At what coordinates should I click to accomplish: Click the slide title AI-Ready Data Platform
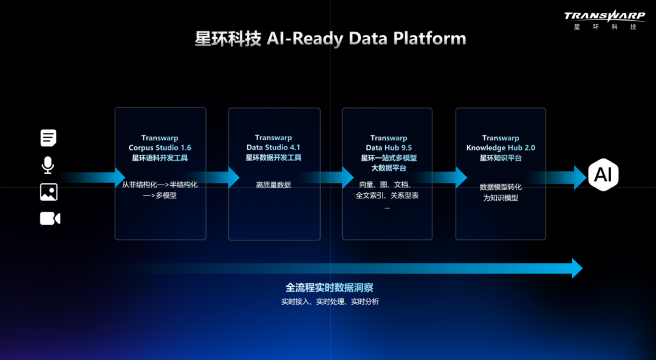[x=330, y=39]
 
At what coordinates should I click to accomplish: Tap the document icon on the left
[x=49, y=138]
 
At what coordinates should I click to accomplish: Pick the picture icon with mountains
[x=49, y=192]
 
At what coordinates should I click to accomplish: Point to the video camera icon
[x=50, y=219]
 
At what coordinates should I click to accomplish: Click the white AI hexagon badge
[x=603, y=175]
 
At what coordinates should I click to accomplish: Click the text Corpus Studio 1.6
[x=160, y=148]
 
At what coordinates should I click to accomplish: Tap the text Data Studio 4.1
[x=273, y=148]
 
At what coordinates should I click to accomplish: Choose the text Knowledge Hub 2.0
[x=501, y=148]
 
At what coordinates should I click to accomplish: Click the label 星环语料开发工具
[x=160, y=158]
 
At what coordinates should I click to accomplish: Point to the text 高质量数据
[x=273, y=185]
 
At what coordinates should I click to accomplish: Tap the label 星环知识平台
[x=501, y=158]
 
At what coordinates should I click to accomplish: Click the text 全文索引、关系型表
[x=387, y=195]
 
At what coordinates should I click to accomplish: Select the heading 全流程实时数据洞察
[x=329, y=288]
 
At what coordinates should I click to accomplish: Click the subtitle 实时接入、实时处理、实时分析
[x=330, y=302]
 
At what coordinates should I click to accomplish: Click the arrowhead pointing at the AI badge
[x=578, y=177]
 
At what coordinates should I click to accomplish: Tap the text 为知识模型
[x=501, y=198]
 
